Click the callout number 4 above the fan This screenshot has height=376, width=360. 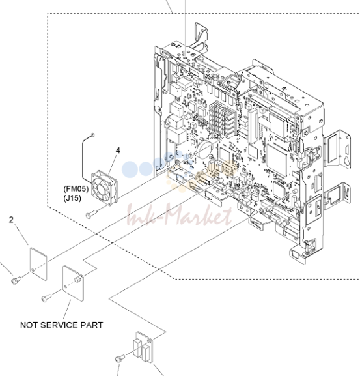point(118,151)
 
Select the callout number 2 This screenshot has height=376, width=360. point(11,220)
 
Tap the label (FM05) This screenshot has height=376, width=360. point(76,189)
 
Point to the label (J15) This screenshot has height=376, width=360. point(72,198)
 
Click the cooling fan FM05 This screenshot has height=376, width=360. point(105,188)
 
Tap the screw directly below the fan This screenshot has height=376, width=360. point(92,214)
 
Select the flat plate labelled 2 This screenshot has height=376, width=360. point(38,264)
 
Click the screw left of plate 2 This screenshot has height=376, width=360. point(16,280)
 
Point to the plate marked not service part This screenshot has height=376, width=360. point(74,283)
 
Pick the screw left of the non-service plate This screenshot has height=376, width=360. point(46,298)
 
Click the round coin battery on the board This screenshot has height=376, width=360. point(204,150)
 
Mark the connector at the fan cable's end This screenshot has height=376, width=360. point(93,135)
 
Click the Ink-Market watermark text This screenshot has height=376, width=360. point(179,215)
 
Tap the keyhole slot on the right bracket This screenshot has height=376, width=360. point(346,161)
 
